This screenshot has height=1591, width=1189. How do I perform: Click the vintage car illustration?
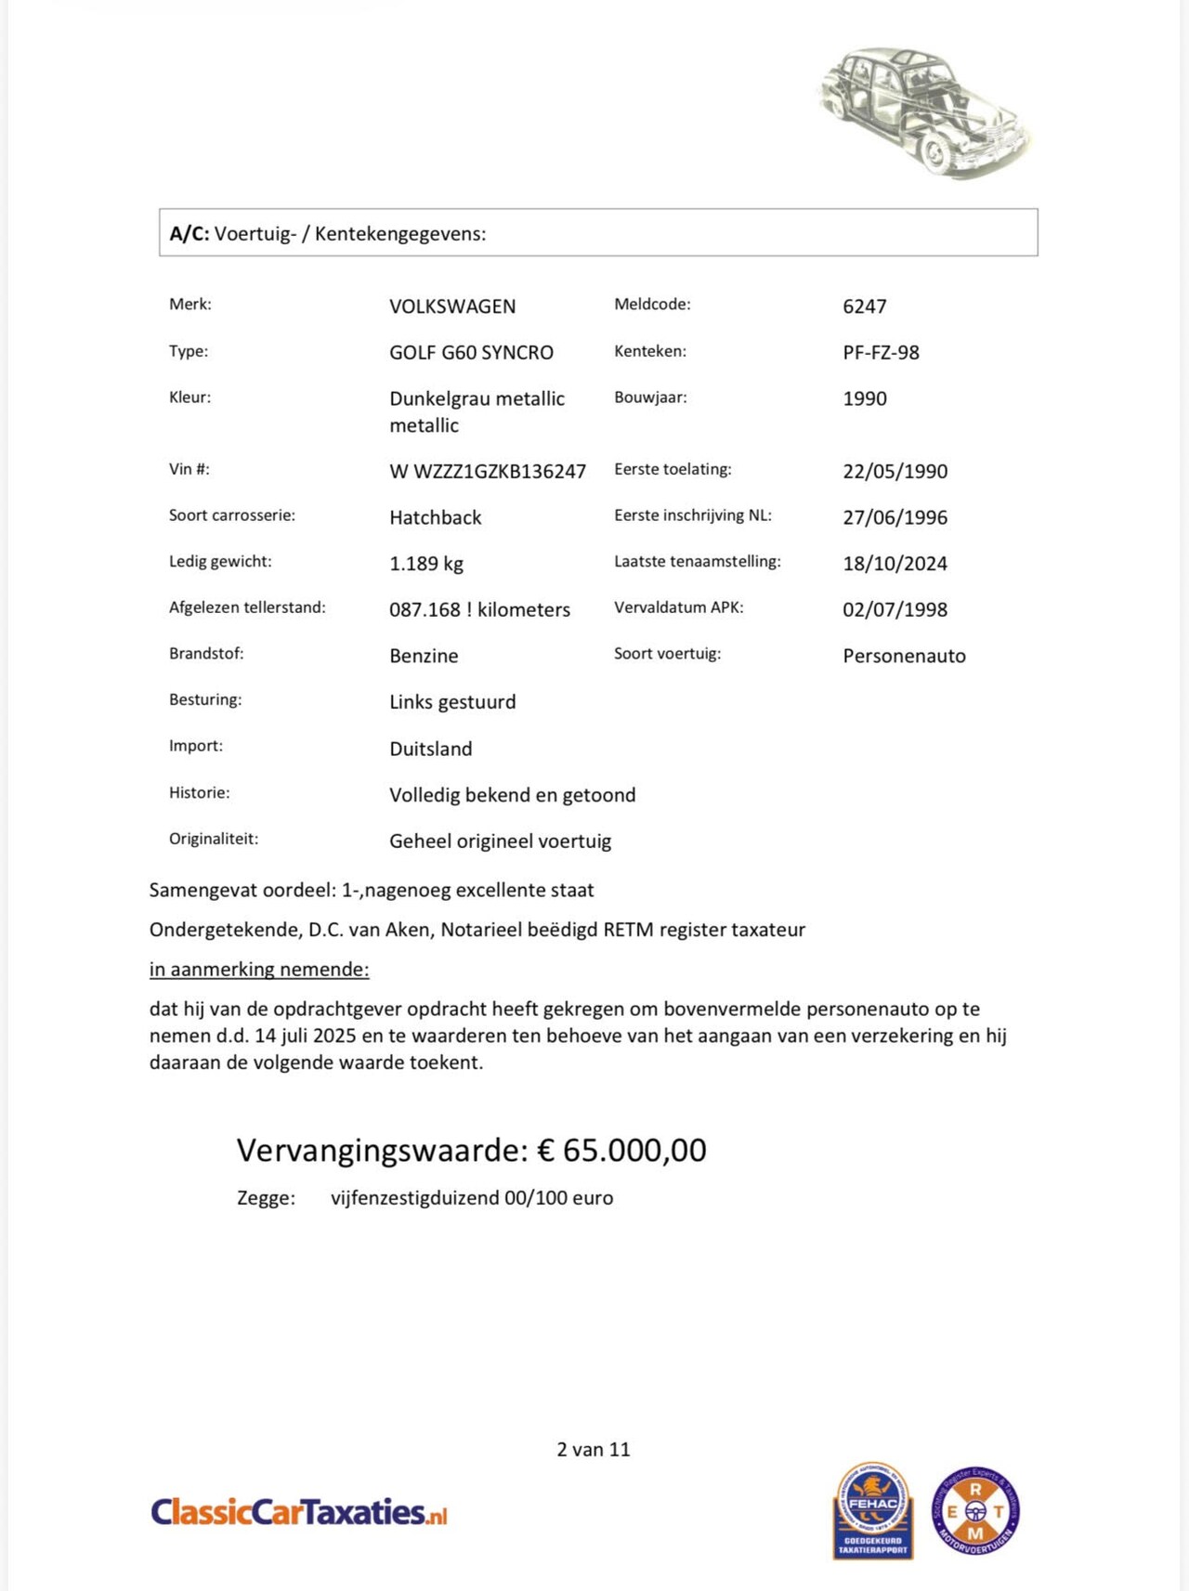tap(924, 111)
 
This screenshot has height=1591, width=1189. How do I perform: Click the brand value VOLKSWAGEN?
tap(452, 306)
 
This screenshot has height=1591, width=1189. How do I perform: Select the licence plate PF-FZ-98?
tap(881, 353)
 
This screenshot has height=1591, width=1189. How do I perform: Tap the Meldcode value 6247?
tap(864, 306)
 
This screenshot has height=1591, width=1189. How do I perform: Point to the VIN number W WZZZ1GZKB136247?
tap(488, 472)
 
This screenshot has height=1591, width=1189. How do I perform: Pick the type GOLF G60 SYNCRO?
tap(471, 353)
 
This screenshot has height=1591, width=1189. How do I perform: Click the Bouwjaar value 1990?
tap(864, 398)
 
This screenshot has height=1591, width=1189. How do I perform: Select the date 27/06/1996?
tap(895, 517)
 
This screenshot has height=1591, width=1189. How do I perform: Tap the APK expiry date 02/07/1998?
tap(895, 610)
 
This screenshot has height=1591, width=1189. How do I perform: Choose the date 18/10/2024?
tap(895, 564)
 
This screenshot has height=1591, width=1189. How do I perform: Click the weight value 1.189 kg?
tap(425, 564)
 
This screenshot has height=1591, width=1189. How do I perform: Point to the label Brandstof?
tap(206, 654)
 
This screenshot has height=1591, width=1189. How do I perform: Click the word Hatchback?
tap(435, 517)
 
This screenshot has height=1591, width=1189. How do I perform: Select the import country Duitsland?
tap(430, 749)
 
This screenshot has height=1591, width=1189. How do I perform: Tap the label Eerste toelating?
tap(673, 469)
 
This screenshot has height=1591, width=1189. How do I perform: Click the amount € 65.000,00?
tap(621, 1150)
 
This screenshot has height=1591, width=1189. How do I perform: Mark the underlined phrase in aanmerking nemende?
tap(259, 970)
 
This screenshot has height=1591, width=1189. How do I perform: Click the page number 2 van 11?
tap(593, 1450)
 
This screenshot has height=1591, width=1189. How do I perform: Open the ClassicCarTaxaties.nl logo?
tap(298, 1512)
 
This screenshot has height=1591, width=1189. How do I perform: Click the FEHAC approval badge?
tap(872, 1510)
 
